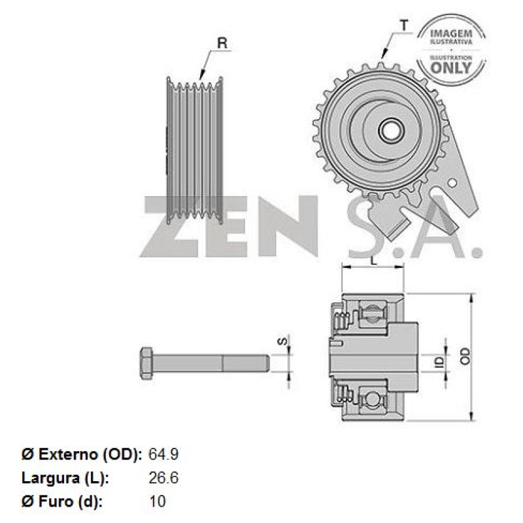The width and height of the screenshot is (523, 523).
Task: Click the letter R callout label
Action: click(x=222, y=44)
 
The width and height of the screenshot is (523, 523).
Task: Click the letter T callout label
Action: click(x=404, y=25)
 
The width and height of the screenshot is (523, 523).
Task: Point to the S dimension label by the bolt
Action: click(x=282, y=341)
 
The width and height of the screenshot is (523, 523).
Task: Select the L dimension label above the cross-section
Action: click(x=373, y=260)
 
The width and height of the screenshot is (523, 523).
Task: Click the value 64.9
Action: click(x=163, y=454)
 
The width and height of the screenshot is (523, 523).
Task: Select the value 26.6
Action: click(x=163, y=478)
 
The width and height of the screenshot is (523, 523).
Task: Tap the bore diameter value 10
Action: click(x=158, y=501)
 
